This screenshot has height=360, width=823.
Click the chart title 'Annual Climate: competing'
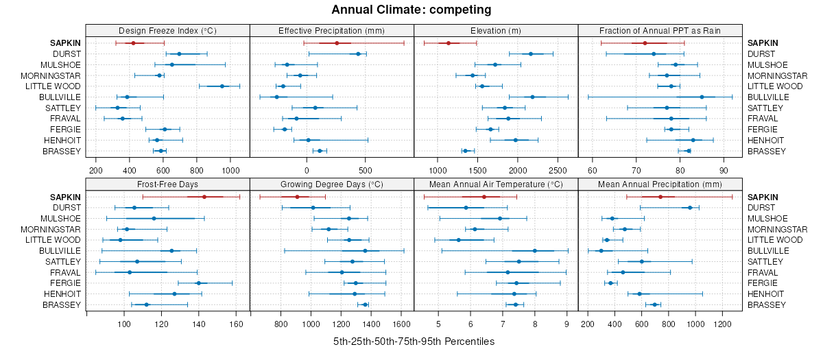[x=411, y=10]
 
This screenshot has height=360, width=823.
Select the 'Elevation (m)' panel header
[x=496, y=31]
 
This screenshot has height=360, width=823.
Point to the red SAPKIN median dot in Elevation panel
[x=449, y=43]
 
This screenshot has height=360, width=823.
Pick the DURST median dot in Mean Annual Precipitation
[x=690, y=208]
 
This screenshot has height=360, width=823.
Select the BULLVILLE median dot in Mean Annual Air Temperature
[x=535, y=251]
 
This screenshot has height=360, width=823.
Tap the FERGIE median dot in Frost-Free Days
[x=199, y=283]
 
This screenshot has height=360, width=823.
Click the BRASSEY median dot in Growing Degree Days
[x=365, y=304]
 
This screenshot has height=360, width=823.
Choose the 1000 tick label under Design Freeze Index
[x=230, y=170]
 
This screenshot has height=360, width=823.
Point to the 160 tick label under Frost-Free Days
[x=237, y=324]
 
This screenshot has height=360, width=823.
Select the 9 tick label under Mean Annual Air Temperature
[x=567, y=324]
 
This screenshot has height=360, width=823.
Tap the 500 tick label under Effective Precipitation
[x=365, y=170]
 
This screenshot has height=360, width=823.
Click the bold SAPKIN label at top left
[x=65, y=43]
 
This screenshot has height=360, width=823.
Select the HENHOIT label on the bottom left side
[x=62, y=294]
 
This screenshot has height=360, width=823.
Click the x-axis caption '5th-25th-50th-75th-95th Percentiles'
[x=414, y=341]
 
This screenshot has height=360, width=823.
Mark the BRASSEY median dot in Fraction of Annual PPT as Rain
[x=689, y=151]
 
